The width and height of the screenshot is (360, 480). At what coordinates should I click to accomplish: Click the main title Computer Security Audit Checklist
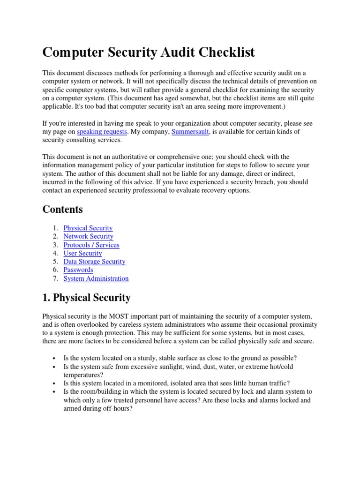(149, 52)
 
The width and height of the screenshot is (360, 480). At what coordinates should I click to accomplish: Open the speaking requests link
(102, 132)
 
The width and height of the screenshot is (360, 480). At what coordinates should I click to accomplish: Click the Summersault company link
(191, 132)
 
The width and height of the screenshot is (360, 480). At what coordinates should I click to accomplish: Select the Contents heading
(62, 209)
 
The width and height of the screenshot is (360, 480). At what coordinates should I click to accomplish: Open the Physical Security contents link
(88, 228)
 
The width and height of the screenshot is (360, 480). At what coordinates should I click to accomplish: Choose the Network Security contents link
(88, 237)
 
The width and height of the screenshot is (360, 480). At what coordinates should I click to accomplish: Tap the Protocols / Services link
(91, 245)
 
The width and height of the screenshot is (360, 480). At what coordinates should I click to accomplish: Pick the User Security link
(82, 254)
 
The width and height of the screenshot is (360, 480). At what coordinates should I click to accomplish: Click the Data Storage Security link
(94, 262)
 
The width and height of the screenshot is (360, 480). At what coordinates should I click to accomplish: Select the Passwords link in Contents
(78, 270)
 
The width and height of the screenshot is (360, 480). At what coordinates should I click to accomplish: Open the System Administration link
(96, 278)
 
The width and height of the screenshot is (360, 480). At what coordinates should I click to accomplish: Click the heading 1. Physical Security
(86, 298)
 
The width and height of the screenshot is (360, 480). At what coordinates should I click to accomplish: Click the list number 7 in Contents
(55, 278)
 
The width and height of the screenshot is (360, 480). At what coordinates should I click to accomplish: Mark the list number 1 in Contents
(55, 228)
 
